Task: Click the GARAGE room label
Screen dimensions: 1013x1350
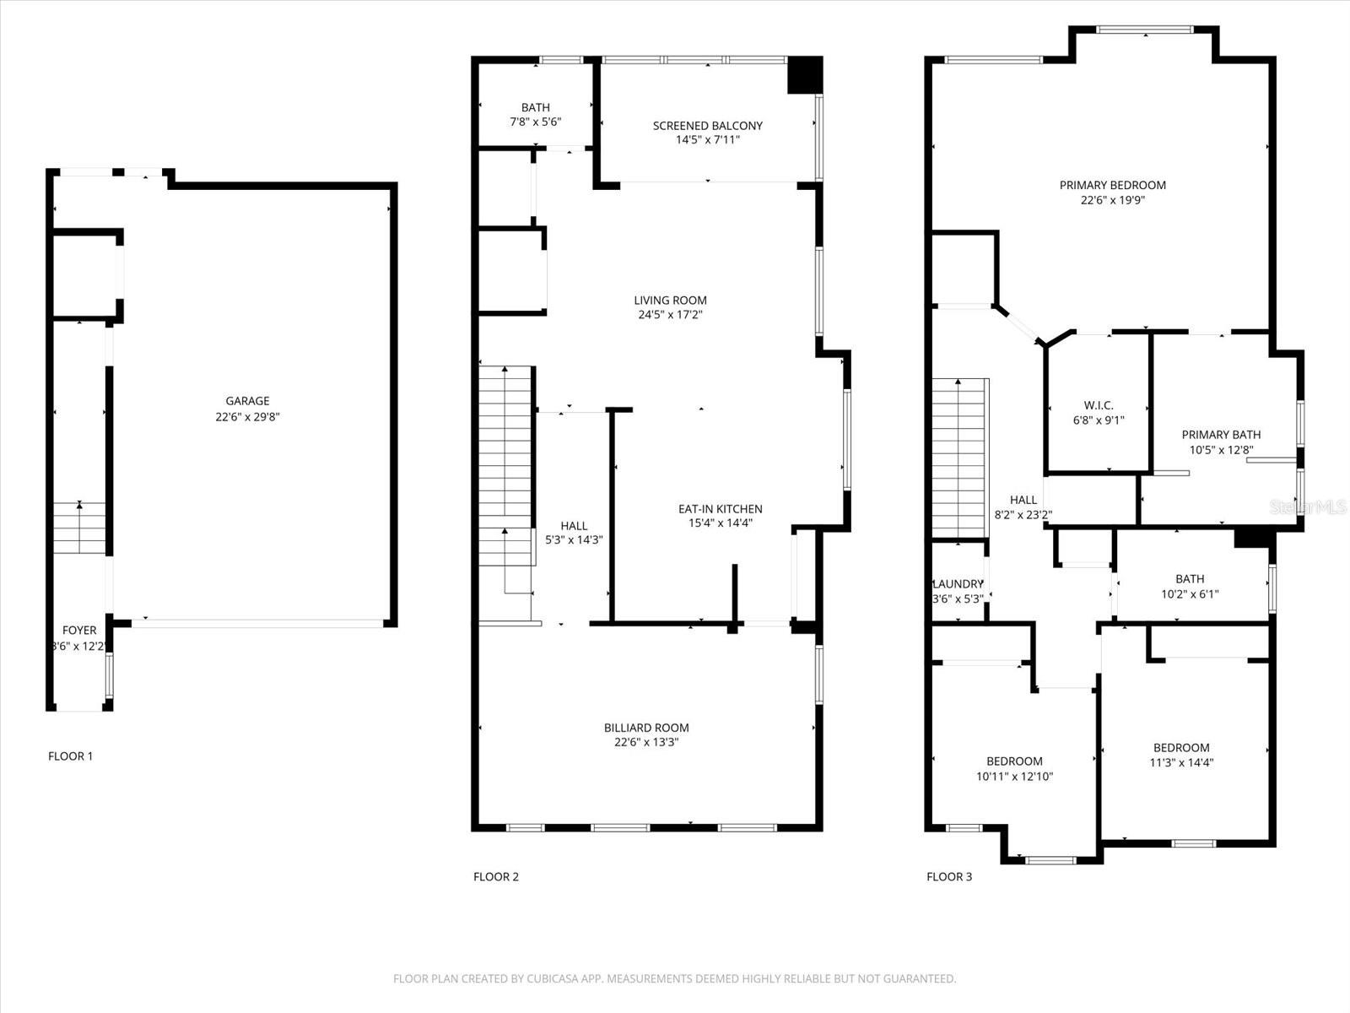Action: (x=247, y=402)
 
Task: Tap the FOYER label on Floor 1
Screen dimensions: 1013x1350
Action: (x=79, y=631)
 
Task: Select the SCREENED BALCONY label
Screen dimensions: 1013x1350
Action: (x=707, y=126)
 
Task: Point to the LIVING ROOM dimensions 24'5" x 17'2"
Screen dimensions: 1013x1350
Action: (x=670, y=315)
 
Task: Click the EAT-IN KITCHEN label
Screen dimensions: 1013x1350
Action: (x=720, y=509)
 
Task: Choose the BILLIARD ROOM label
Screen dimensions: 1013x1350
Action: (x=646, y=728)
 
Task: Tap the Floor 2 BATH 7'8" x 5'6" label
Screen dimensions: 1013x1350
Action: (x=535, y=114)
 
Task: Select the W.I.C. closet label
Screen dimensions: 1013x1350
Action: (x=1098, y=405)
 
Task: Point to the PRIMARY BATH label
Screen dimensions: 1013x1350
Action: (x=1220, y=435)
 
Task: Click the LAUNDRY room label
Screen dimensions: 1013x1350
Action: (x=958, y=584)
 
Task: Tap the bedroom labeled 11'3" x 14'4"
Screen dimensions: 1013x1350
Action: (x=1181, y=755)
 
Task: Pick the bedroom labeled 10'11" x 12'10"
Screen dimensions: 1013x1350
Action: (x=1014, y=769)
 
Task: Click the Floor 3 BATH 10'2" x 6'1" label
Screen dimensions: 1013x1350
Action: (x=1189, y=586)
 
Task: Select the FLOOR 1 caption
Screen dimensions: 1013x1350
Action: (x=70, y=756)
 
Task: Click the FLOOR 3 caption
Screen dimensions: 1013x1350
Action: (x=948, y=877)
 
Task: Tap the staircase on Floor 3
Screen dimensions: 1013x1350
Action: (x=960, y=456)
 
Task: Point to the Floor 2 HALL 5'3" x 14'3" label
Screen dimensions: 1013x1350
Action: (x=574, y=533)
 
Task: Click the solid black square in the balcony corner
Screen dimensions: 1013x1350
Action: (x=804, y=74)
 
